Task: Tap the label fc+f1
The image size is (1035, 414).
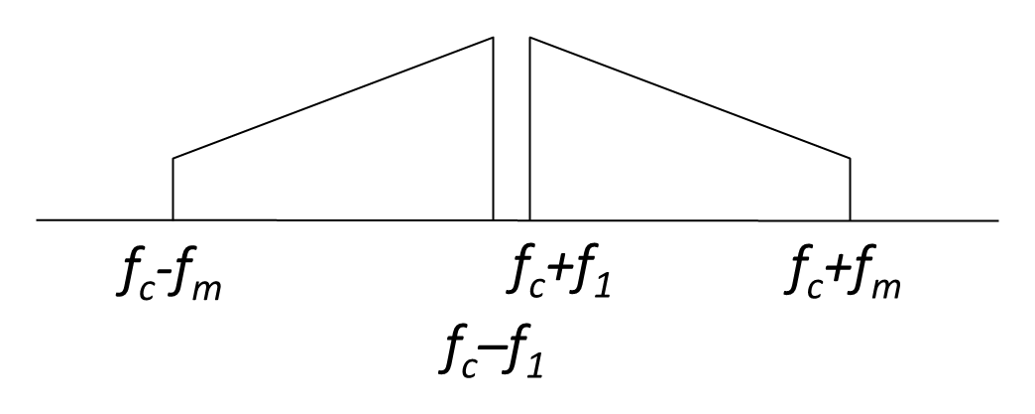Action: [559, 273]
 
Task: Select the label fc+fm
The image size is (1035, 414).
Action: [843, 273]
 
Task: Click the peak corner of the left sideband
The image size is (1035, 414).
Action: [493, 38]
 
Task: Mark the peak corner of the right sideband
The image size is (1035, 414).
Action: [530, 38]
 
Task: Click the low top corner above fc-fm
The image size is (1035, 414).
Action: [172, 158]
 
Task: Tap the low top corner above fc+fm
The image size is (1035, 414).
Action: [850, 158]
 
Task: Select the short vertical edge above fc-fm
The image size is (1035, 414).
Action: [172, 190]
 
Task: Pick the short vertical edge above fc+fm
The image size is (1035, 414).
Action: [850, 190]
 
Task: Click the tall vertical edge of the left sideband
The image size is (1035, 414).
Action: [493, 129]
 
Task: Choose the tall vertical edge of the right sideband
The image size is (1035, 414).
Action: [530, 129]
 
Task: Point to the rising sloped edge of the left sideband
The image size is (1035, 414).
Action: [333, 98]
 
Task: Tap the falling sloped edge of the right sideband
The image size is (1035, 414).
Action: [690, 98]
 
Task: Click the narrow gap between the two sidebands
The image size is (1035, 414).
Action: [512, 129]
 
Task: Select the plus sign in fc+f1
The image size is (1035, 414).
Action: [559, 272]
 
